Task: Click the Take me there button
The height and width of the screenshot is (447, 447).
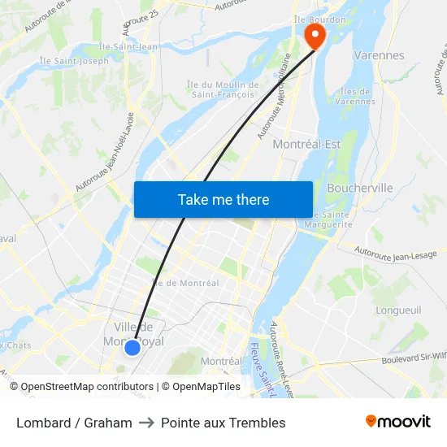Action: click(x=223, y=199)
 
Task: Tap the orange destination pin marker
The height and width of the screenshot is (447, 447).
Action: click(x=313, y=35)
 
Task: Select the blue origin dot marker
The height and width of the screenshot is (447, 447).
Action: click(x=132, y=348)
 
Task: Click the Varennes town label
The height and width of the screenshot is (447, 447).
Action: click(x=380, y=55)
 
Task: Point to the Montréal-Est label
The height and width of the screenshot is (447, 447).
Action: click(x=306, y=144)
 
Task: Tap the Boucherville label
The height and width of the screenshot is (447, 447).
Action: click(x=359, y=188)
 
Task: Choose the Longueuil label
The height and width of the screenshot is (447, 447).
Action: click(x=398, y=310)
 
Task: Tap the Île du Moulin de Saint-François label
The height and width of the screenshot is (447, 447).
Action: click(x=223, y=89)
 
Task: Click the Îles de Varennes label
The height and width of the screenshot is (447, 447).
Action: click(x=358, y=96)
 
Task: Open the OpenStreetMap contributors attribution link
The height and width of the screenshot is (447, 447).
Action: click(x=87, y=387)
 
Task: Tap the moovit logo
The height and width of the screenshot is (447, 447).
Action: click(x=398, y=422)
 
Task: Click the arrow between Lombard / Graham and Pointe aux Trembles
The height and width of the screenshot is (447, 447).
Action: click(x=146, y=423)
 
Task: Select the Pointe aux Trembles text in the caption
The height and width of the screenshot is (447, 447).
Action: click(x=223, y=423)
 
